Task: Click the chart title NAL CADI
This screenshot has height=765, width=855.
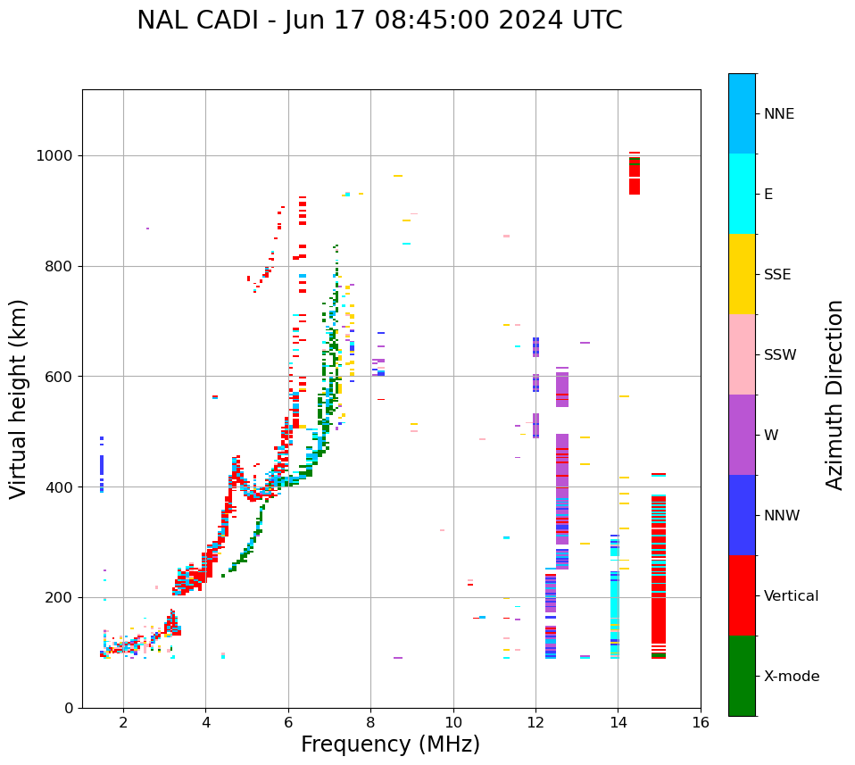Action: pyautogui.click(x=379, y=21)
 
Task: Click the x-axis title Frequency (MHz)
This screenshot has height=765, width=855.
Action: pyautogui.click(x=390, y=744)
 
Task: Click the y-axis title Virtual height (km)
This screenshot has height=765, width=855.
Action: pyautogui.click(x=19, y=399)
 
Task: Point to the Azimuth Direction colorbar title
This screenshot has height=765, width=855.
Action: pyautogui.click(x=834, y=395)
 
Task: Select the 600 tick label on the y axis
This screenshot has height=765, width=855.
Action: pyautogui.click(x=60, y=377)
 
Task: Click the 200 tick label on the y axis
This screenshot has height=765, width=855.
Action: pyautogui.click(x=60, y=597)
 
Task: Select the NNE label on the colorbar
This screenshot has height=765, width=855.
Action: pyautogui.click(x=778, y=114)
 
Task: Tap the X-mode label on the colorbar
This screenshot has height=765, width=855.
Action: pyautogui.click(x=791, y=677)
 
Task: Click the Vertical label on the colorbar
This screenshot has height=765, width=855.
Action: pyautogui.click(x=791, y=596)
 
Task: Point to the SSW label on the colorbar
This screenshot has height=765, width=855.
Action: pyautogui.click(x=780, y=355)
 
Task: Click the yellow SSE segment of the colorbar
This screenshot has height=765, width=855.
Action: pyautogui.click(x=742, y=274)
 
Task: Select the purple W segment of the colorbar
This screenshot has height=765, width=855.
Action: pyautogui.click(x=742, y=435)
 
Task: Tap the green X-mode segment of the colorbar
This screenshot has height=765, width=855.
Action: pyautogui.click(x=742, y=676)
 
